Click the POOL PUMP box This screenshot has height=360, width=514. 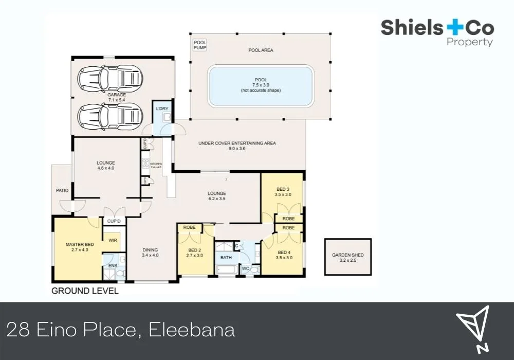coord(199,45)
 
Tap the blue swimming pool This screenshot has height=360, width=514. coord(261,85)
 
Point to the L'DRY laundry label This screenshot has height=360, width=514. coord(162,109)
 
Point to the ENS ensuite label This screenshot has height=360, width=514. coord(113,265)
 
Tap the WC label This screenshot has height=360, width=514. coord(245,268)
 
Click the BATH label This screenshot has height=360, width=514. coord(226,257)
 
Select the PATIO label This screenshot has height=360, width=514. coord(62,191)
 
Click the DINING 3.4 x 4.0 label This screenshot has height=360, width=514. coord(151,253)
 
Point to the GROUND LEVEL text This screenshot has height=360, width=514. coord(85,291)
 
